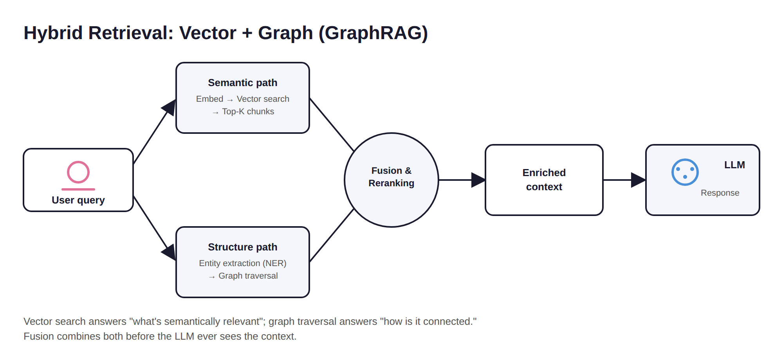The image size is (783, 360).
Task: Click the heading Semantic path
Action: click(x=243, y=83)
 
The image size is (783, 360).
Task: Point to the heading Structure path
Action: click(x=243, y=247)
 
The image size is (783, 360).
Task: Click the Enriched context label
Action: click(x=544, y=180)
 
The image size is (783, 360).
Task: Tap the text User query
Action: click(x=78, y=200)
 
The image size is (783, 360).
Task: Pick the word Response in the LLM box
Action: click(x=720, y=193)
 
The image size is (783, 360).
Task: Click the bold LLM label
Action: click(x=734, y=165)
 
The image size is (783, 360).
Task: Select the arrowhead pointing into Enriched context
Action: click(x=478, y=180)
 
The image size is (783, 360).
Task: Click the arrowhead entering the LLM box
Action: click(x=639, y=180)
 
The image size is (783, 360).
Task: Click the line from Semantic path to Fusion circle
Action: click(x=332, y=124)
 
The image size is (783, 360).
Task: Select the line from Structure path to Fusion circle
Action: click(x=332, y=235)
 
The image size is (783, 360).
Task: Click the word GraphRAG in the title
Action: click(x=373, y=33)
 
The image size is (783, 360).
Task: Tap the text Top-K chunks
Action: click(x=248, y=112)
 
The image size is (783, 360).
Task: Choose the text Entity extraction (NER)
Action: click(x=243, y=263)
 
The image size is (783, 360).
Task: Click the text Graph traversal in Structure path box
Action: click(x=248, y=276)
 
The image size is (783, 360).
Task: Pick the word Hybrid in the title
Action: click(x=53, y=33)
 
